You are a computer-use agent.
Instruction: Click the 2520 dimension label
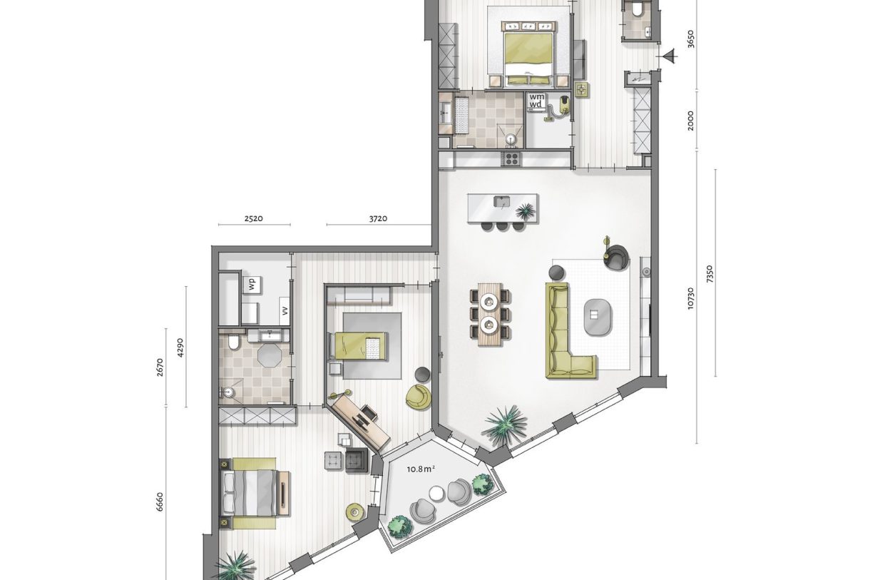(x=254, y=218)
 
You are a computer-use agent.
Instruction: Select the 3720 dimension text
(x=378, y=218)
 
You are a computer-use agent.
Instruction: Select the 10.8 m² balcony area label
(x=421, y=469)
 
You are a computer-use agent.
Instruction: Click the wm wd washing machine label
(x=536, y=101)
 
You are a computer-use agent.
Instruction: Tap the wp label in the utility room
(x=252, y=283)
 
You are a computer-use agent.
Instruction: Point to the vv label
(x=284, y=310)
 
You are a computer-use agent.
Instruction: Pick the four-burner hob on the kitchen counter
(x=511, y=158)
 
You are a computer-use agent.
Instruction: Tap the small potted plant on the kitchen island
(x=526, y=210)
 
